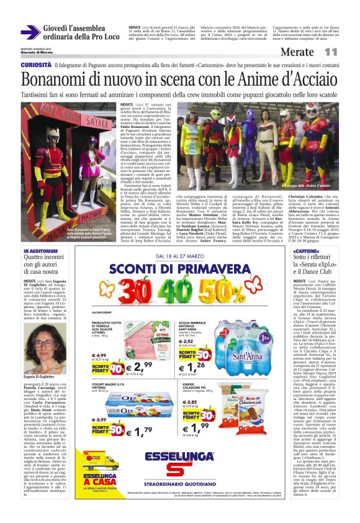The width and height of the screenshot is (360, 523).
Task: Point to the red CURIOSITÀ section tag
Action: pyautogui.click(x=35, y=65)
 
